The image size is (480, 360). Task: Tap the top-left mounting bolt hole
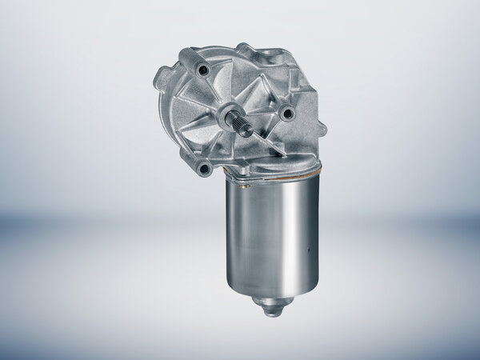click(x=202, y=71)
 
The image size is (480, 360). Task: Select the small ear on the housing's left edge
click(x=160, y=81)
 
